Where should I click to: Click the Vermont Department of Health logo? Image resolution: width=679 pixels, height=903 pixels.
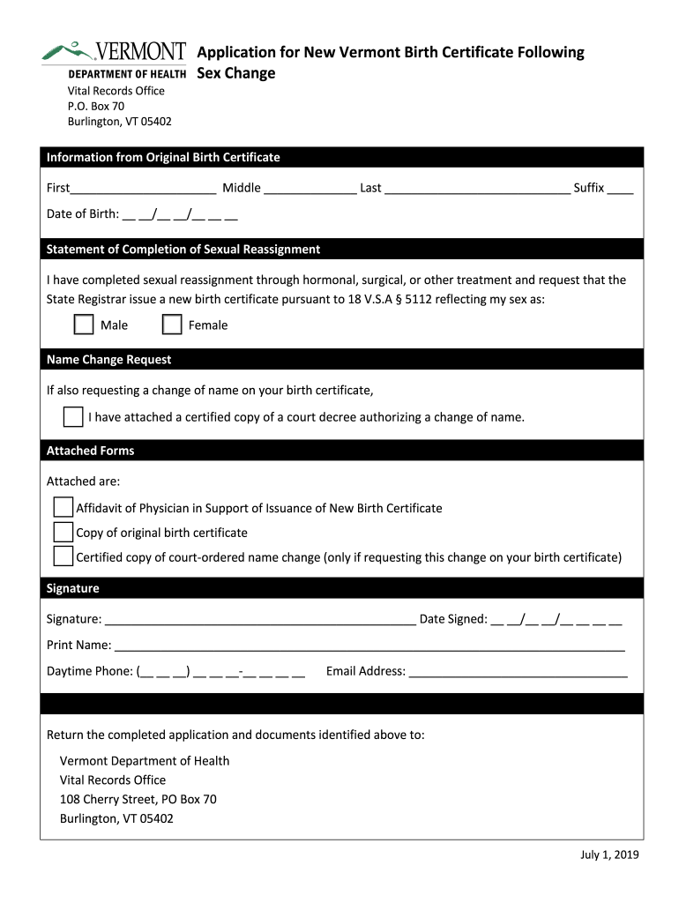tap(114, 60)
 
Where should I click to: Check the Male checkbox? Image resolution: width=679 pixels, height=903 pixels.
tap(84, 325)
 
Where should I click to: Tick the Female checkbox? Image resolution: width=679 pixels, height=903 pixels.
tap(173, 325)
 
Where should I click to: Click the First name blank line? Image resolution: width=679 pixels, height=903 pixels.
tap(144, 188)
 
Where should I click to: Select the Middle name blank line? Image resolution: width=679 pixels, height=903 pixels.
tap(310, 188)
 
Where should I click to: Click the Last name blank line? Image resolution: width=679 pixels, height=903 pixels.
tap(477, 188)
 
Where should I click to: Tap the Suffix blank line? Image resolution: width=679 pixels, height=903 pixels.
tap(620, 188)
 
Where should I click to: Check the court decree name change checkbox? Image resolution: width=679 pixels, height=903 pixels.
tap(73, 417)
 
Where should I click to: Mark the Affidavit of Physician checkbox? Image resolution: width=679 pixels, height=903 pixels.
tap(63, 507)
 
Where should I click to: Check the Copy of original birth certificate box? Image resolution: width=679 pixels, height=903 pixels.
tap(63, 532)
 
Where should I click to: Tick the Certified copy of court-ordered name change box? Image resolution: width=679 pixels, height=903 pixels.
tap(63, 556)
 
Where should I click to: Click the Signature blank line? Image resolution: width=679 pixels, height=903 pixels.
tap(260, 620)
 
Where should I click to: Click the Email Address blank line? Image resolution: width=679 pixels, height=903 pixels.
tap(519, 673)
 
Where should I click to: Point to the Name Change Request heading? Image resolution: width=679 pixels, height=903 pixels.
tap(108, 360)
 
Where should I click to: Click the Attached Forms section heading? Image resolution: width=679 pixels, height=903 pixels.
tap(90, 451)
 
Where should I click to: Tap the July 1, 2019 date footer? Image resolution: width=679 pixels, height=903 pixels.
tap(609, 854)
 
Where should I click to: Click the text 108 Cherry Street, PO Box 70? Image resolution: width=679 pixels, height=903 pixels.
tap(138, 799)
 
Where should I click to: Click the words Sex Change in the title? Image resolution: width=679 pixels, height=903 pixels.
tap(236, 73)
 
